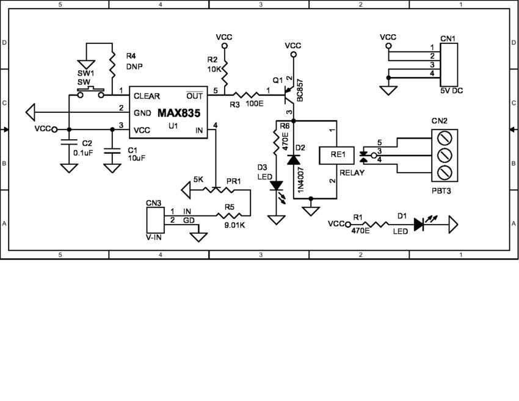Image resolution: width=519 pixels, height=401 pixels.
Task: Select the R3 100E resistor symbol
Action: click(245, 95)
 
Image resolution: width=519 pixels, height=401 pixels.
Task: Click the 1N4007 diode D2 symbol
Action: click(294, 159)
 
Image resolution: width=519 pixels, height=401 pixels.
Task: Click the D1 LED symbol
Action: click(419, 224)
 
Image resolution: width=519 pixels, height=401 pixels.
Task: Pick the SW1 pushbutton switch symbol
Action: click(89, 93)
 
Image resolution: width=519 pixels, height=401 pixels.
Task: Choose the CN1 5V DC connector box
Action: click(448, 65)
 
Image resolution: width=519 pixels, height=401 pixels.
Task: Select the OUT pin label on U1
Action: click(194, 95)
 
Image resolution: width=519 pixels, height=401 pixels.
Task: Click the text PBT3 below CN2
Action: click(441, 190)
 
